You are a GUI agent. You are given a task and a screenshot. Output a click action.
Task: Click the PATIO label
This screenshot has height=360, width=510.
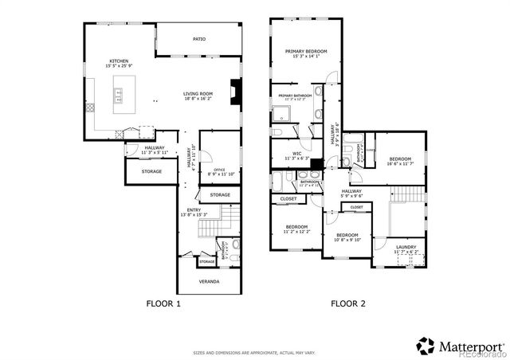coord(198,37)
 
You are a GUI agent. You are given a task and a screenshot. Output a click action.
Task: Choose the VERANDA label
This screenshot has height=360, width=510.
coord(208,281)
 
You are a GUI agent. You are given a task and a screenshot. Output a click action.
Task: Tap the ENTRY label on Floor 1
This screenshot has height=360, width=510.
coord(194,210)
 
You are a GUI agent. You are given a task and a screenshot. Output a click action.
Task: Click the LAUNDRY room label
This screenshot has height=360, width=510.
coord(406,248)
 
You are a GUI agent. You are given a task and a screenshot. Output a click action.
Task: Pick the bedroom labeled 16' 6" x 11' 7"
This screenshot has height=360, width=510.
coord(399,160)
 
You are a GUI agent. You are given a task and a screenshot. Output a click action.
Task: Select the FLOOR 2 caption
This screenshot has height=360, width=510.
coord(348,303)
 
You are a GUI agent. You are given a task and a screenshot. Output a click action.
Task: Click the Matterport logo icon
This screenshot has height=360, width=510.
coord(426,346)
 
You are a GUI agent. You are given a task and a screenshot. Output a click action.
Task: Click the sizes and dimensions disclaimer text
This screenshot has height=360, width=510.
coord(254,351)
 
